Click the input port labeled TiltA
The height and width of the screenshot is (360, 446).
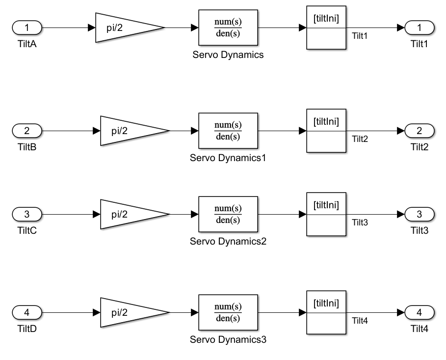coord(27,28)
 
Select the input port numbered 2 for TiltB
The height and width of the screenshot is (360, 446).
coord(27,131)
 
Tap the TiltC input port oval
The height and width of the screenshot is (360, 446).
coord(27,215)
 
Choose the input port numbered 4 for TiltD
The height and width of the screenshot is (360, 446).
coord(27,312)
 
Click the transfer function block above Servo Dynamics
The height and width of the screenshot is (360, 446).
coord(228,28)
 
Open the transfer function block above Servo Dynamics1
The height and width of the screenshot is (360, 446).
coord(228,131)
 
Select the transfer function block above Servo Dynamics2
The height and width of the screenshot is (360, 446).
coord(228,215)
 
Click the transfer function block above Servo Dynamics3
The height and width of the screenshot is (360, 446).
coord(228,312)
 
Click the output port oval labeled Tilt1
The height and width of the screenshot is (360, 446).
coord(420,28)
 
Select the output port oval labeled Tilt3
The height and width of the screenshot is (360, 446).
coord(420,215)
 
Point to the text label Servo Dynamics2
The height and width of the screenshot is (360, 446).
coord(228,242)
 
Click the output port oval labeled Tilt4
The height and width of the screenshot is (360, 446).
coord(420,312)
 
